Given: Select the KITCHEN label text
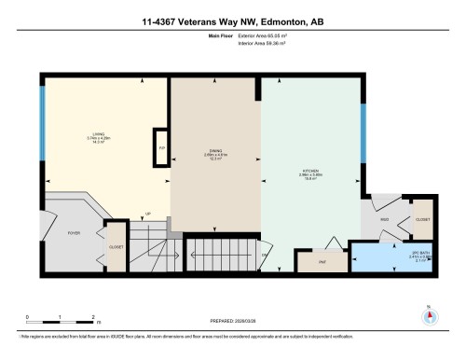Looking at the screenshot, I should [x=310, y=172].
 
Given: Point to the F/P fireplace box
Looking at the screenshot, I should [x=161, y=147].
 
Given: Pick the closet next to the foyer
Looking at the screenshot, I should [x=116, y=247].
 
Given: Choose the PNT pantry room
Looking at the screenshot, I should [x=313, y=262].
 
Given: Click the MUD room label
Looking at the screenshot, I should [x=384, y=220].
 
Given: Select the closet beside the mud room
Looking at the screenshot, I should [x=422, y=219].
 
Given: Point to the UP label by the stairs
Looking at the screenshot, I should [x=147, y=214].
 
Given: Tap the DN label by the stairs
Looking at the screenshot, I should [x=265, y=256].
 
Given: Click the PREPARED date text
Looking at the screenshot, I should [x=232, y=317].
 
